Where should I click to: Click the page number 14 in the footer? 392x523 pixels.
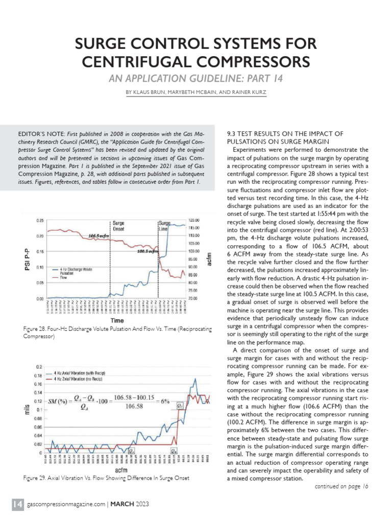(x=17, y=505)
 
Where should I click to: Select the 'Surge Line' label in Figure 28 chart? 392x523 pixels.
(x=164, y=226)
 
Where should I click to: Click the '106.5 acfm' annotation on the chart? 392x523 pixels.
(x=98, y=236)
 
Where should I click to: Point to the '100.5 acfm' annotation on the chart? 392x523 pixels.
(x=146, y=252)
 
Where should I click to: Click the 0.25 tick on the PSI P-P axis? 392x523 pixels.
(x=40, y=221)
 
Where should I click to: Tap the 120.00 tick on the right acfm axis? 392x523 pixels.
(x=193, y=221)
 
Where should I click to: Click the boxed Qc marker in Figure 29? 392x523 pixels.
(x=180, y=405)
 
